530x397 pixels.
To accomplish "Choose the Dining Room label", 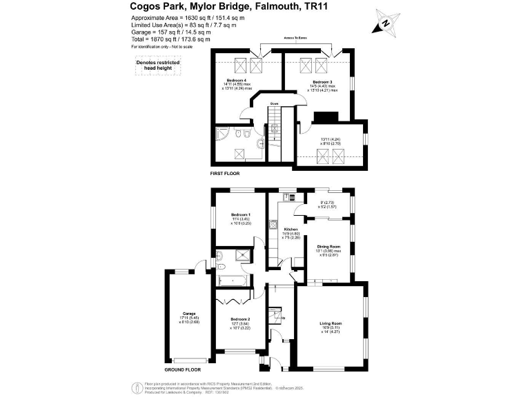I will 328,246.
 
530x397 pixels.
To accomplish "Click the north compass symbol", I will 385,25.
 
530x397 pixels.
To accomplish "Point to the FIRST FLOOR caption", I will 226,174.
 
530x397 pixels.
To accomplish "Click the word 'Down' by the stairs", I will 275,104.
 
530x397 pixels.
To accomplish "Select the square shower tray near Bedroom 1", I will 244,256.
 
